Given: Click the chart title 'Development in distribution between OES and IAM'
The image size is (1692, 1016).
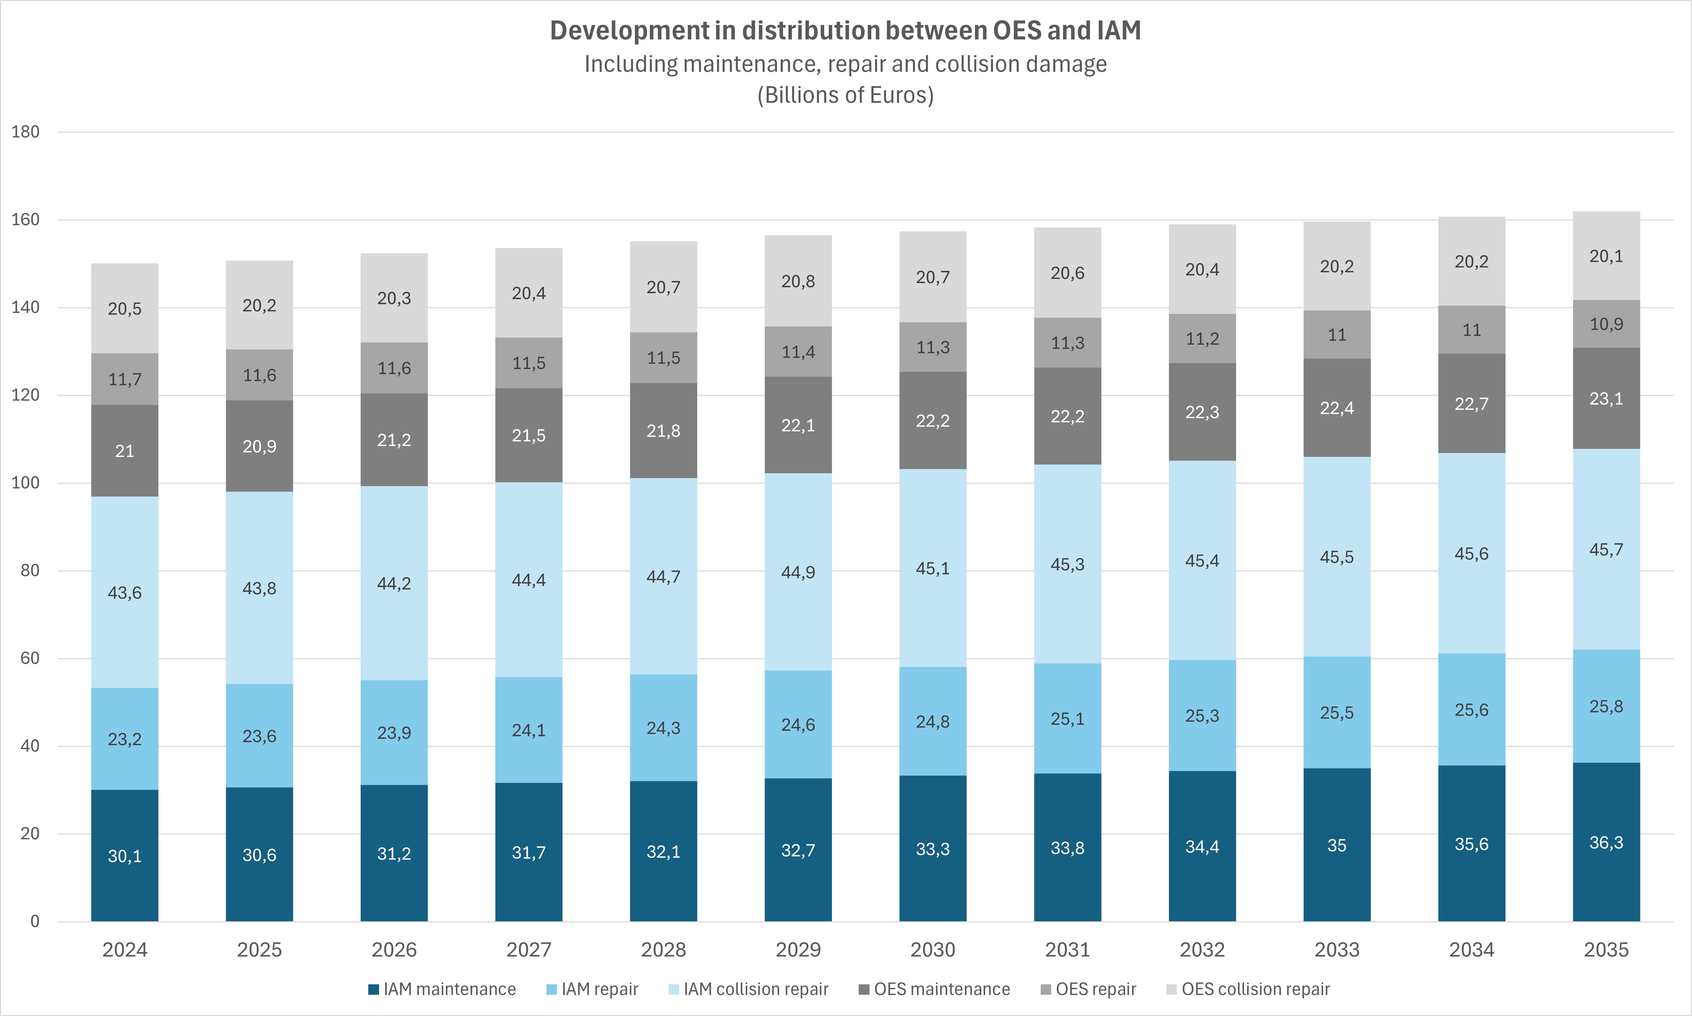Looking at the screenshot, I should (x=845, y=31).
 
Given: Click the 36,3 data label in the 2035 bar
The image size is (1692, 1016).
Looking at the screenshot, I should (x=1606, y=843).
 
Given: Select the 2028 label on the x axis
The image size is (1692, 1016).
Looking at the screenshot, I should (x=663, y=949).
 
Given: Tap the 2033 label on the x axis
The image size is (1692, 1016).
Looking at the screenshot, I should (x=1337, y=949).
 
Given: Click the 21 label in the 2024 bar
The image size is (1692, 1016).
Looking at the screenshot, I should (x=125, y=451).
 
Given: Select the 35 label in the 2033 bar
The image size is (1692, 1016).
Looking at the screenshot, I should (x=1337, y=845).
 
